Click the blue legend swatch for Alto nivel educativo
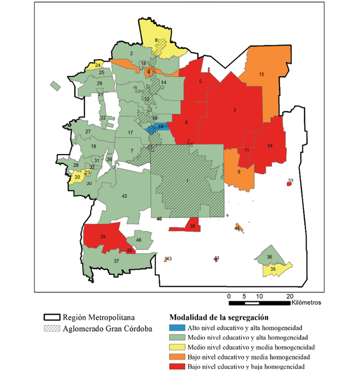click(178, 328)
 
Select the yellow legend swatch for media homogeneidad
click(178, 347)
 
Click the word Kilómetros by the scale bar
click(306, 302)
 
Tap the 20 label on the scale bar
click(289, 296)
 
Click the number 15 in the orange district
click(261, 74)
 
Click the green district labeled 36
click(269, 257)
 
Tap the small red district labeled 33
click(289, 184)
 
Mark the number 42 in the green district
click(124, 196)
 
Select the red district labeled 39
click(103, 237)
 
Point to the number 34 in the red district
click(269, 146)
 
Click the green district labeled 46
click(139, 240)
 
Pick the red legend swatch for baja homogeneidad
click(178, 367)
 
